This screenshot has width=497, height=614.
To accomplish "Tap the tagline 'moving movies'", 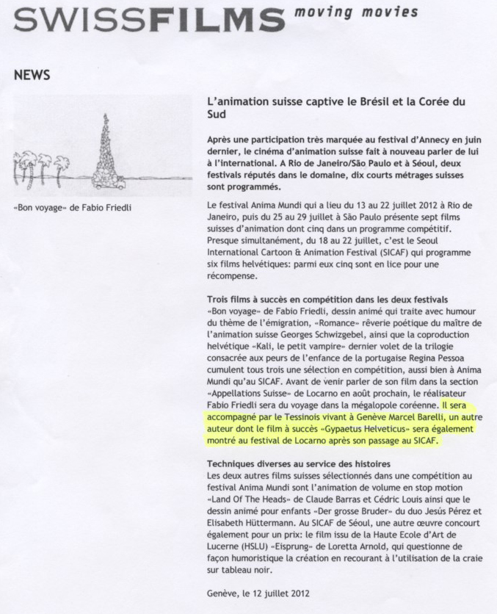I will [357, 12].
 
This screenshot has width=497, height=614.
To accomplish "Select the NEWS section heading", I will [32, 75].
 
